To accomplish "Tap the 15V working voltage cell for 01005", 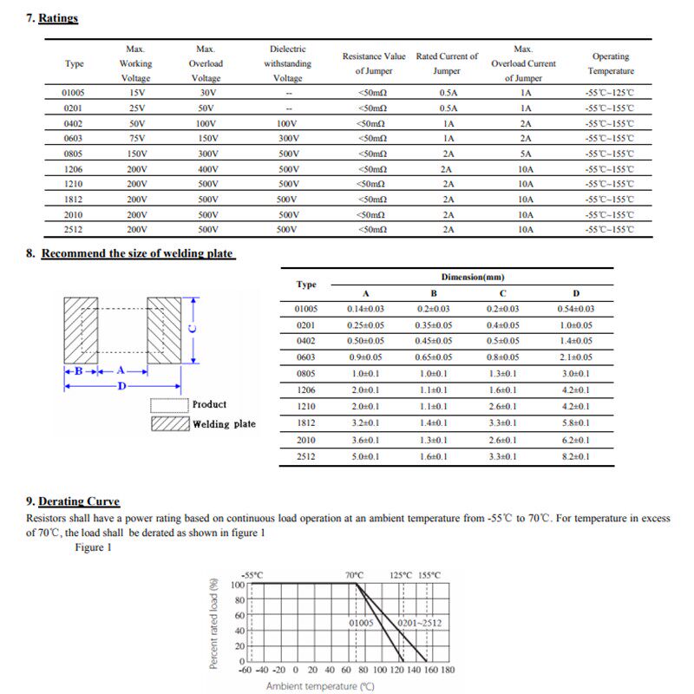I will coord(135,92).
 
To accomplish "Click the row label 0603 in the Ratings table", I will coord(74,138).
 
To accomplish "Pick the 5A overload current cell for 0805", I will coord(525,154).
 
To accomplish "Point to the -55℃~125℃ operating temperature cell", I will coord(610,92).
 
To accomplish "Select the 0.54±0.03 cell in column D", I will coord(575,309).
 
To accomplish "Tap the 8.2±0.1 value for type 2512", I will coord(575,455).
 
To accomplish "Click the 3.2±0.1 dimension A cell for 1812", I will coord(365,422).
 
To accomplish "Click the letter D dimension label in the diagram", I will coord(121,386).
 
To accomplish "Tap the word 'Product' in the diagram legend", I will coord(209,405).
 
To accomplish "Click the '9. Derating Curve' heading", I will coord(73,501).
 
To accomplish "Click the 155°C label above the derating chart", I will coord(429,575).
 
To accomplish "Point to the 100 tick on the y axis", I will coord(238,585).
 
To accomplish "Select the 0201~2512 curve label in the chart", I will coord(420,623).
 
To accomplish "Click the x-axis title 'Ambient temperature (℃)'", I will coord(320,686).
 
